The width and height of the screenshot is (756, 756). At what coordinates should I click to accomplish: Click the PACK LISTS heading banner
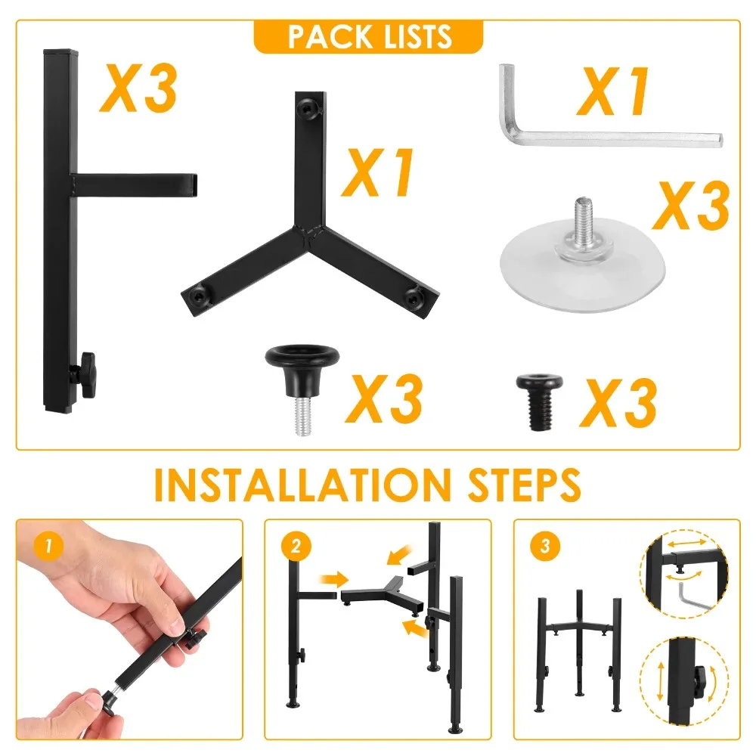[368, 36]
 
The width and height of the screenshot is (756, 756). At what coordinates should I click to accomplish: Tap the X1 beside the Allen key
[613, 92]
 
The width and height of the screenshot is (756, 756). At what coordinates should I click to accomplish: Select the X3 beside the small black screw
[618, 403]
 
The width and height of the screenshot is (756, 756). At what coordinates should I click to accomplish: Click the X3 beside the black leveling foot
[383, 398]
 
